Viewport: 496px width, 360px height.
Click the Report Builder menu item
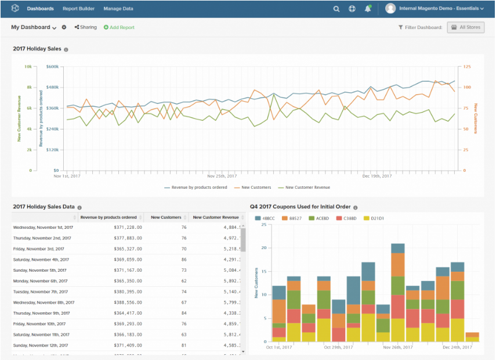78,9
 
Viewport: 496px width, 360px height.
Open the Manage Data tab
118,9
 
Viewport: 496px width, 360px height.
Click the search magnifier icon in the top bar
336,9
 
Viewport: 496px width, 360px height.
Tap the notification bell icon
368,9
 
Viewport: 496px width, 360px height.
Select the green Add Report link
119,27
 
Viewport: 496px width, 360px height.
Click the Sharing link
86,27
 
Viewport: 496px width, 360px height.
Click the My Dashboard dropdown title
34,27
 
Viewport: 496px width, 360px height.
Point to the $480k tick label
53,87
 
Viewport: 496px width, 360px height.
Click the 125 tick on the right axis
467,67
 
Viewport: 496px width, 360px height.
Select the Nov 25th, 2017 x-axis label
222,175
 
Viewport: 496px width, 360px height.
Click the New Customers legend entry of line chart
253,188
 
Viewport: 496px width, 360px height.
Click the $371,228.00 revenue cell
126,227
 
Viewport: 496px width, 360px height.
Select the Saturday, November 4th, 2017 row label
41,260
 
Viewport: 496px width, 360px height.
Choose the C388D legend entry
347,218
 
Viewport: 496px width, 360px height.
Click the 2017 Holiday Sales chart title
37,49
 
